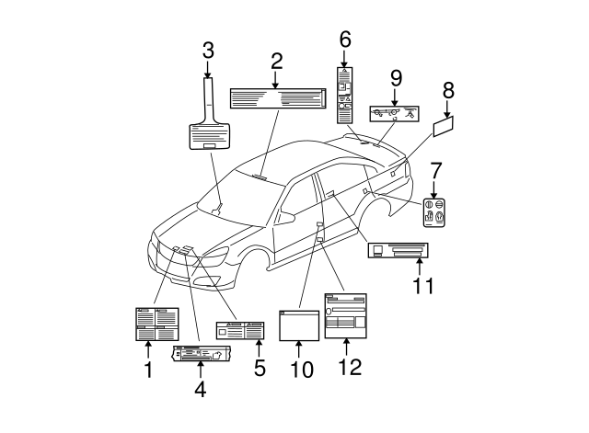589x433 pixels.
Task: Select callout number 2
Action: [x=275, y=62]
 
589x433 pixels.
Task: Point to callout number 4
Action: [x=200, y=389]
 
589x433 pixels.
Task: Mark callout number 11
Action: [x=422, y=286]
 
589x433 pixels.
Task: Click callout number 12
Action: [x=345, y=366]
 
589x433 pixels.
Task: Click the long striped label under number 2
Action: [x=275, y=97]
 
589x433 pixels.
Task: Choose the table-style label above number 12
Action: [x=345, y=314]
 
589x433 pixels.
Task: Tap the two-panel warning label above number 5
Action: [x=240, y=331]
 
